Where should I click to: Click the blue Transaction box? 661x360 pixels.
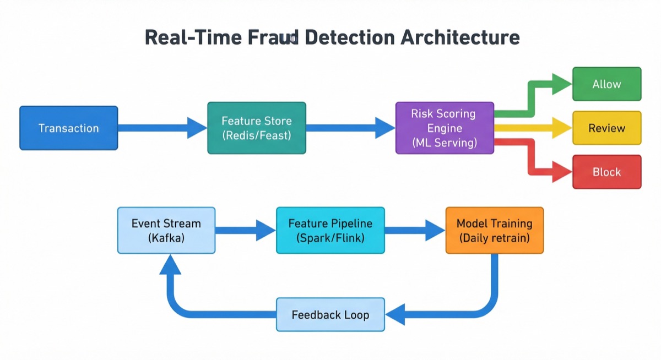(x=69, y=128)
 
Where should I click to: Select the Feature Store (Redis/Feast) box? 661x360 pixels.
(x=256, y=128)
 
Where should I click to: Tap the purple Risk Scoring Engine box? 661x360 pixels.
(x=445, y=128)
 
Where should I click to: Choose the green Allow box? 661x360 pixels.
(x=606, y=84)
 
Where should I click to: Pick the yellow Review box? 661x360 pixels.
(x=606, y=128)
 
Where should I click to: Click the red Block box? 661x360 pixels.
(x=606, y=172)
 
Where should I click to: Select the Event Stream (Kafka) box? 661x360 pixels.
(x=166, y=230)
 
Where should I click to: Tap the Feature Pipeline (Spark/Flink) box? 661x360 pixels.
(x=330, y=230)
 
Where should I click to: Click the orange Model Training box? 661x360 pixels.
(x=494, y=230)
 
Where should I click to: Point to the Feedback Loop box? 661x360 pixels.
(x=330, y=315)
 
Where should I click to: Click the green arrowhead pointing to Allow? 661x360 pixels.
(x=562, y=84)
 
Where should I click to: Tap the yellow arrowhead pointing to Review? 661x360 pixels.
(x=562, y=128)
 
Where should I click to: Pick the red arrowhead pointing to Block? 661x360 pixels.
(x=562, y=172)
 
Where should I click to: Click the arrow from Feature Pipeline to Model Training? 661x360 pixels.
(x=413, y=230)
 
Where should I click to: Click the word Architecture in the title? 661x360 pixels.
(x=459, y=37)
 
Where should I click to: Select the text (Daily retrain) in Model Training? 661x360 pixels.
(x=494, y=238)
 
